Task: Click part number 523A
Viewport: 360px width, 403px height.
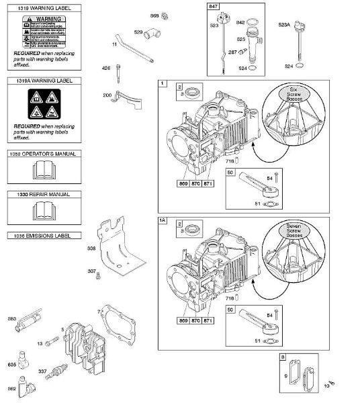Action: click(285, 24)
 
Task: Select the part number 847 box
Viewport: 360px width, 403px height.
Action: click(214, 5)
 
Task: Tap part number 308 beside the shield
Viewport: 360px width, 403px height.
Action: click(92, 249)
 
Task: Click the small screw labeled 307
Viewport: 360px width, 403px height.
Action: click(99, 276)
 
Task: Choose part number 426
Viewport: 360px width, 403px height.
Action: click(105, 67)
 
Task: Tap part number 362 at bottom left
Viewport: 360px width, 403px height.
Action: click(11, 389)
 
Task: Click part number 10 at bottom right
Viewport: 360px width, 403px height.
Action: click(326, 386)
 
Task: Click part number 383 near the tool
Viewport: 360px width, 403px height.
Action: click(11, 318)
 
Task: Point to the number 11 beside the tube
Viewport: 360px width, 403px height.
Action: click(114, 44)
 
